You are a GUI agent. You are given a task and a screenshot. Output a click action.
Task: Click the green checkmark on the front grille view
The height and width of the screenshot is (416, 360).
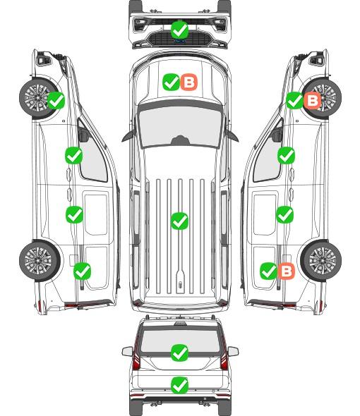[x=179, y=30]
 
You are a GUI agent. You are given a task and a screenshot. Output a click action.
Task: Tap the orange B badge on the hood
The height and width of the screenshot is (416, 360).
[x=189, y=82]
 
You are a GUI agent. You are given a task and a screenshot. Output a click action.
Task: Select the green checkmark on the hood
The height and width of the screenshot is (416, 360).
[x=171, y=82]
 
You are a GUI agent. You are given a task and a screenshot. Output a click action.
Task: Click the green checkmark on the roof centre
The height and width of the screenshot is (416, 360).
[x=179, y=221]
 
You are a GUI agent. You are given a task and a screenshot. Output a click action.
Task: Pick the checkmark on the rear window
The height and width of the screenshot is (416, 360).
[x=179, y=353]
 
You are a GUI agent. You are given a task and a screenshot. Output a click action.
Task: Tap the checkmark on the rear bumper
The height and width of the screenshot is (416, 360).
[x=179, y=385]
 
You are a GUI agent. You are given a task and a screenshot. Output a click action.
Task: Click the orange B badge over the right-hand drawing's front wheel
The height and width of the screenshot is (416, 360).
[x=313, y=100]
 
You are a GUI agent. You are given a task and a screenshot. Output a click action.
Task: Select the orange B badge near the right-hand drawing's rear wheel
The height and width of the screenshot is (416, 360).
[x=286, y=271]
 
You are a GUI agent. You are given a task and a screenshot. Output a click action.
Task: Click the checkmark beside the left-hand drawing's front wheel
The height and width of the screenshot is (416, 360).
[x=56, y=100]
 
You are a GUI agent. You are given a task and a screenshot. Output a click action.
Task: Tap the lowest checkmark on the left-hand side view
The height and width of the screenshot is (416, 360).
[x=82, y=271]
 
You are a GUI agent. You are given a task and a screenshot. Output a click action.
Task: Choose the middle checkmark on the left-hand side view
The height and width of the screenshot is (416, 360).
[x=74, y=214]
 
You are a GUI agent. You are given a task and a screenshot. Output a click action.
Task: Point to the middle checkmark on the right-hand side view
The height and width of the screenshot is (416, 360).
[x=284, y=214]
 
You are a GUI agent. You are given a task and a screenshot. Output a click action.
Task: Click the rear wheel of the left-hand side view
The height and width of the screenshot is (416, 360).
[x=39, y=260]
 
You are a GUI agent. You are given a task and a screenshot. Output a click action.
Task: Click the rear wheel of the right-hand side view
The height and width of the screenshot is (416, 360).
[x=321, y=260]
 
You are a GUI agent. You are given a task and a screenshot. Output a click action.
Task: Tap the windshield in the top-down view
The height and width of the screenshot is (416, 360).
[x=180, y=125]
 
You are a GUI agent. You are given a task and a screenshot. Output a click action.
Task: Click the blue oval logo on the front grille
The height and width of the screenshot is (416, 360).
[x=180, y=41]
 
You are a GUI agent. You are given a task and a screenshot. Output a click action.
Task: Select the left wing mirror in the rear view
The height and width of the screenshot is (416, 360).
[x=127, y=351]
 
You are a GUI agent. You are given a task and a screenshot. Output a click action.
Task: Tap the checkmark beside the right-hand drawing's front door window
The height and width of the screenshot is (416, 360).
[x=286, y=155]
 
